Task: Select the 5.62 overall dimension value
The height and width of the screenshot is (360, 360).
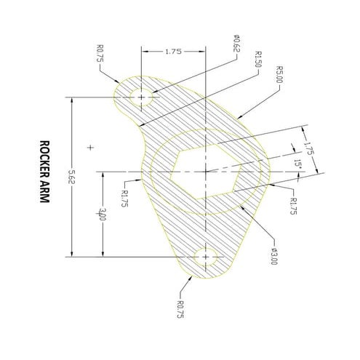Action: (71, 176)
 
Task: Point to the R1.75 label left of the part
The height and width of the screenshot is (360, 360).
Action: (124, 197)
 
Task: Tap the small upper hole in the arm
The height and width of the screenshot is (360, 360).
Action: (141, 97)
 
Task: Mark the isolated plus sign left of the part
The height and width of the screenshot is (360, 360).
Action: (90, 147)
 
